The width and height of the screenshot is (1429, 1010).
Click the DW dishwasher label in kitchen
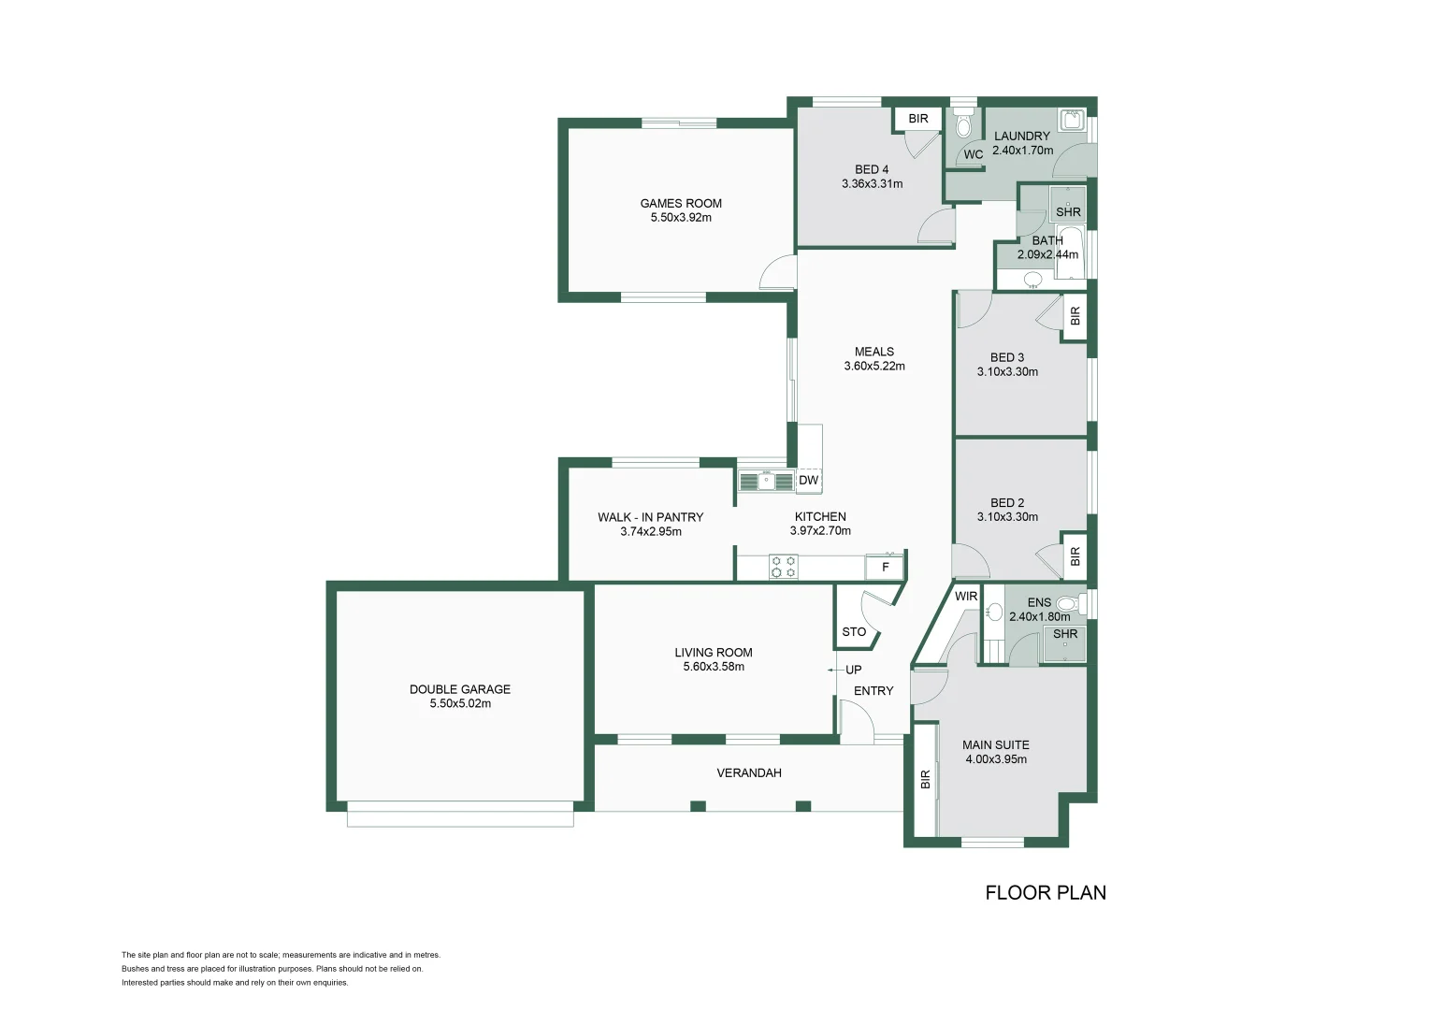[809, 481]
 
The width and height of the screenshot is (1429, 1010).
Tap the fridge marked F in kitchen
[885, 567]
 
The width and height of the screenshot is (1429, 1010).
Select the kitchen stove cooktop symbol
[784, 567]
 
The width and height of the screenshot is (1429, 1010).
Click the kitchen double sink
[766, 482]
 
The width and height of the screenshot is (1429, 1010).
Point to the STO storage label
[854, 632]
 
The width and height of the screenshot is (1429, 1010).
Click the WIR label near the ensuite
[966, 597]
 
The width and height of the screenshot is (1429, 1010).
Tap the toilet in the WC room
[964, 125]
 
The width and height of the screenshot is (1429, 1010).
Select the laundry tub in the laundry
[1072, 121]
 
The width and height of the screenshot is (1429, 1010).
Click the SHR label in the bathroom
[1068, 212]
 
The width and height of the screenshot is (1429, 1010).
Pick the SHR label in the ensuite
[1065, 634]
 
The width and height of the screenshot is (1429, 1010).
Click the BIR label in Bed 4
[918, 119]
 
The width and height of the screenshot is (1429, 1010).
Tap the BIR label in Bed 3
[1075, 316]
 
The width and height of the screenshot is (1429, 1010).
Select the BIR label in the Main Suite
[926, 779]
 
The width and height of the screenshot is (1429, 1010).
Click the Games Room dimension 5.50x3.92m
[681, 218]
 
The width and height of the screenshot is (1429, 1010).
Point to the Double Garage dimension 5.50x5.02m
[460, 704]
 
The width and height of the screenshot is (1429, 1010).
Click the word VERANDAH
[749, 773]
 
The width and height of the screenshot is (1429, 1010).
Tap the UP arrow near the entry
[832, 670]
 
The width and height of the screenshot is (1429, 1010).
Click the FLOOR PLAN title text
[1046, 893]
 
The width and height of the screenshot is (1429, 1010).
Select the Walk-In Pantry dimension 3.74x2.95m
[651, 532]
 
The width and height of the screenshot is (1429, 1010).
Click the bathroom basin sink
[1033, 279]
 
